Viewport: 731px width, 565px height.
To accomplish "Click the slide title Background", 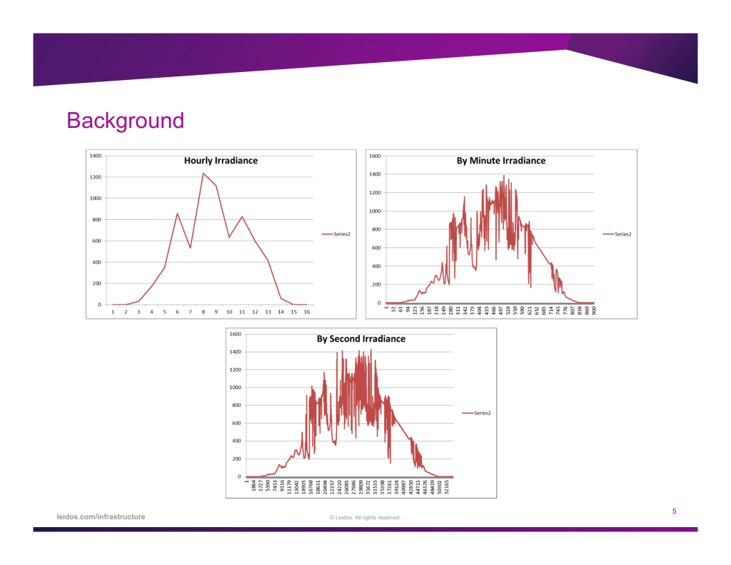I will point(125,121).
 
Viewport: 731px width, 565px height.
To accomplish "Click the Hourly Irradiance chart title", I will point(221,161).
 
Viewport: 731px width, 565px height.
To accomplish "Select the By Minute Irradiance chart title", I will point(500,161).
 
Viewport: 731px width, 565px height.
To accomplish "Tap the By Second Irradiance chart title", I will point(361,339).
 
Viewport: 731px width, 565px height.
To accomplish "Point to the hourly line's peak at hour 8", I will point(203,173).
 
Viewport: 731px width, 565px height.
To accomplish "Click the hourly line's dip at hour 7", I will point(191,248).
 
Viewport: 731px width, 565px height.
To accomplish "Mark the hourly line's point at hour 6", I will point(178,213).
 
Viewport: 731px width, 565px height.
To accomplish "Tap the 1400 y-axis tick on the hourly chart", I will point(95,155).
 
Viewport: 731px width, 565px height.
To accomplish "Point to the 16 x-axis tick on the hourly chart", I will point(306,312).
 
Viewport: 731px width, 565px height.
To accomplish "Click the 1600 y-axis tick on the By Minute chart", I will point(375,156).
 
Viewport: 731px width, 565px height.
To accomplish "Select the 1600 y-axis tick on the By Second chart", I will point(235,334).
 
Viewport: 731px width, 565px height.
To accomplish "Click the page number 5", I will point(674,511).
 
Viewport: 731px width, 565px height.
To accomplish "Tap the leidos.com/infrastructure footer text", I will point(101,516).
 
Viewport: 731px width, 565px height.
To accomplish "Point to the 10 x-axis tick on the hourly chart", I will point(229,312).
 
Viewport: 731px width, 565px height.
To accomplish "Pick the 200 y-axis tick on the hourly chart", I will point(96,284).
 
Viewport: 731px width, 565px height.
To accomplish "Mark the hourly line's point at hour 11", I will point(242,216).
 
